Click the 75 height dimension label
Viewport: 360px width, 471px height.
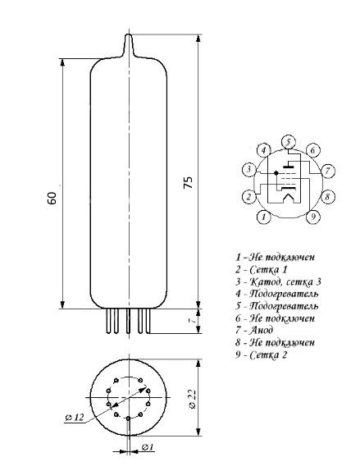tap(189, 182)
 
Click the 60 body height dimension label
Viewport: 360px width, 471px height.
tap(52, 198)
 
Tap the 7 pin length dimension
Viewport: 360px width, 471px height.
tap(193, 320)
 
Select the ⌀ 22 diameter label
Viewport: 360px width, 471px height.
tap(193, 399)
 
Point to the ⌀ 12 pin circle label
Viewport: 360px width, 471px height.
tap(74, 417)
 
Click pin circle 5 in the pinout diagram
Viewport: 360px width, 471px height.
tap(288, 142)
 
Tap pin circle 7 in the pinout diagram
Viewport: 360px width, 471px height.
tap(327, 171)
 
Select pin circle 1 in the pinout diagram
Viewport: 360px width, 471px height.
tap(264, 217)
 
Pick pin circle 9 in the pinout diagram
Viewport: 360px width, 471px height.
tap(313, 217)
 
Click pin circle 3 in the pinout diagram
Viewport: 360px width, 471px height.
tap(249, 170)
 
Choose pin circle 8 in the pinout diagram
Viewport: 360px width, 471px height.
tap(327, 197)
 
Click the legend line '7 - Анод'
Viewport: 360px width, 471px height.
tap(254, 330)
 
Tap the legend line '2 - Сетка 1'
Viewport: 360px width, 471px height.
tap(262, 269)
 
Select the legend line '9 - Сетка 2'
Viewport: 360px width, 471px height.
tap(262, 354)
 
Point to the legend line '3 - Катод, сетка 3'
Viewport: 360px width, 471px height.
tap(278, 281)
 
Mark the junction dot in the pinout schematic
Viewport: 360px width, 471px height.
tap(276, 173)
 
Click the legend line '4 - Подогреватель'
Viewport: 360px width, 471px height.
tap(276, 294)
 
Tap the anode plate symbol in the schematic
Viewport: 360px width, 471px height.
tap(289, 166)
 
